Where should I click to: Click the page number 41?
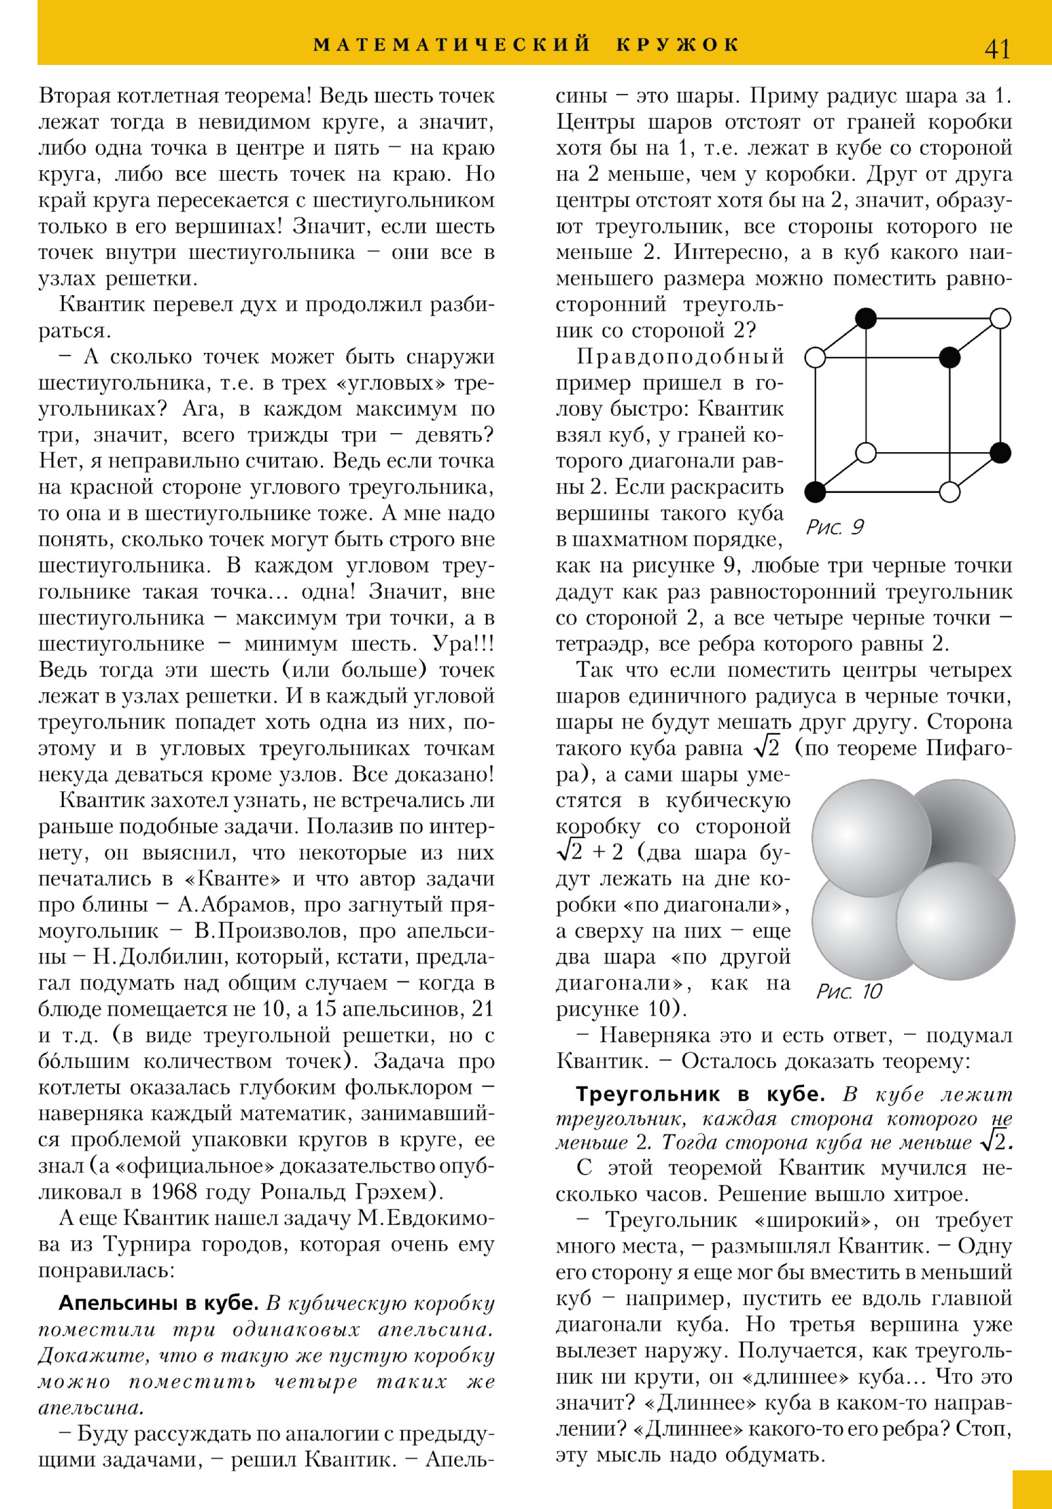point(997,49)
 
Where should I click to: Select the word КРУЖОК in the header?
point(678,45)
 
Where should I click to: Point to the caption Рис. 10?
point(849,991)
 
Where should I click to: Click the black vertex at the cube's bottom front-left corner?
point(815,491)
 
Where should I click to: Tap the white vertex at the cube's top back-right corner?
point(1000,319)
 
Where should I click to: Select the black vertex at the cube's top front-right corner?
point(949,358)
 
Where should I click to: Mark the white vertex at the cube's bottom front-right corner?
point(949,492)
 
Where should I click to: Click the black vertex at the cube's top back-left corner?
point(866,319)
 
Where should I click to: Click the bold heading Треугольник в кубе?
point(700,1094)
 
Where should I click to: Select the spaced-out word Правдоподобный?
point(680,356)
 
